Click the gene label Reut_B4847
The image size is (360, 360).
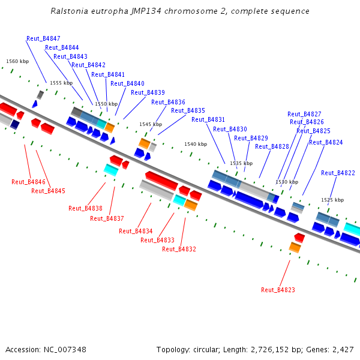pyautogui.click(x=43, y=38)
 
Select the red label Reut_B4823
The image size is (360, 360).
pyautogui.click(x=278, y=290)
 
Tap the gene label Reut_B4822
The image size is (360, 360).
pyautogui.click(x=338, y=173)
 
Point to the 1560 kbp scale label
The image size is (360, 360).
pyautogui.click(x=17, y=61)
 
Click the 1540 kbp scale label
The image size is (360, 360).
pyautogui.click(x=196, y=144)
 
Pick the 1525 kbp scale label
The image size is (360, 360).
pyautogui.click(x=332, y=200)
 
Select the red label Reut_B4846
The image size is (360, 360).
pyautogui.click(x=28, y=182)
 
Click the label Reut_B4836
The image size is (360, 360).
pyautogui.click(x=168, y=102)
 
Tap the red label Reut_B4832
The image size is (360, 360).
pyautogui.click(x=179, y=249)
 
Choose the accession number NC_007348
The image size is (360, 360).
pyautogui.click(x=65, y=349)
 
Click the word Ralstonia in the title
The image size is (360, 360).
pyautogui.click(x=69, y=11)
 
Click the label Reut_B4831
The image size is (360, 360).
pyautogui.click(x=208, y=119)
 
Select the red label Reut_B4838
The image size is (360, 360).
pyautogui.click(x=85, y=208)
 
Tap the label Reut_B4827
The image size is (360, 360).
pyautogui.click(x=304, y=114)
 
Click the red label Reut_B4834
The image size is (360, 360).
pyautogui.click(x=136, y=231)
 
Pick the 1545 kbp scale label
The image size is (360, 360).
pyautogui.click(x=151, y=124)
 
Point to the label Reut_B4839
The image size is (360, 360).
pyautogui.click(x=148, y=92)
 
